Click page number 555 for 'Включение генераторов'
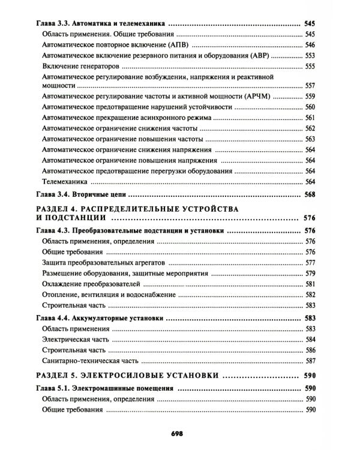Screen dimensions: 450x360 coord(310,66)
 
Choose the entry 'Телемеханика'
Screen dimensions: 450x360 coord(65,181)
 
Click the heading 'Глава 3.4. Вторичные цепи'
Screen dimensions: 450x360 coord(80,194)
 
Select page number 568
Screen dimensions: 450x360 coord(310,194)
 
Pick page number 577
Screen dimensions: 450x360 coord(310,262)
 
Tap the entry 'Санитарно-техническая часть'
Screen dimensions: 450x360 coord(91,361)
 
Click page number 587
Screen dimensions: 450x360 coord(310,361)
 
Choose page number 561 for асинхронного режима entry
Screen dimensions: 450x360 coord(310,117)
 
